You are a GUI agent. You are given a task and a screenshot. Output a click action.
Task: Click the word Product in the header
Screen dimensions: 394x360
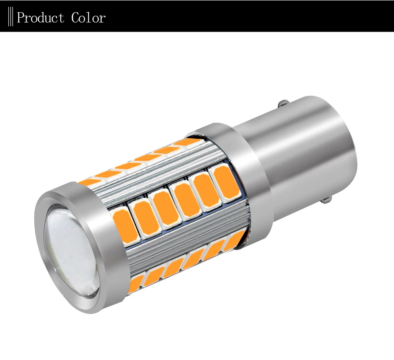coord(41,18)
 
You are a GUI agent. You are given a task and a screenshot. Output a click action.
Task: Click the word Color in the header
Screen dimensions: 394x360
coord(88,18)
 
